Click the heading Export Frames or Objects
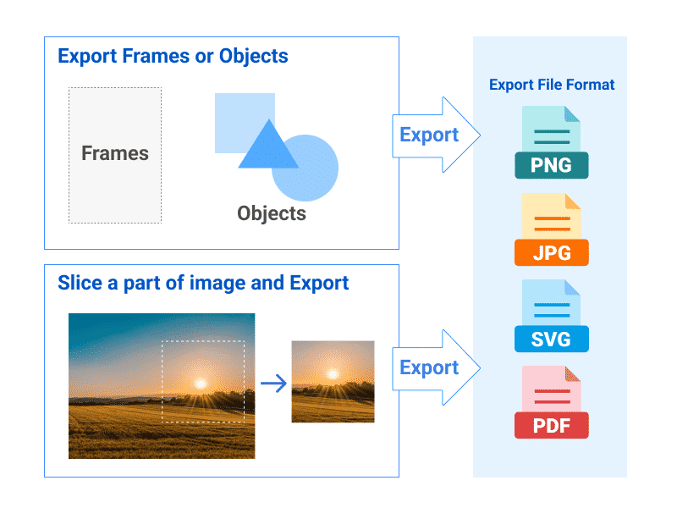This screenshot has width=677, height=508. [x=173, y=57]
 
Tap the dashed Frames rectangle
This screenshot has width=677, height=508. [x=115, y=154]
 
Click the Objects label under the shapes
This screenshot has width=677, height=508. [x=272, y=213]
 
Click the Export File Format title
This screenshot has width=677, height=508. [x=552, y=85]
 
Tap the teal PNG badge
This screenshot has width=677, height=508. [x=551, y=165]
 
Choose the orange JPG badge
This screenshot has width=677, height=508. [x=551, y=252]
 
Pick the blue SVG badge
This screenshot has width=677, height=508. [x=551, y=339]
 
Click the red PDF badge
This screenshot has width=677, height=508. [x=551, y=425]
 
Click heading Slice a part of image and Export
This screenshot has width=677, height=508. [x=203, y=283]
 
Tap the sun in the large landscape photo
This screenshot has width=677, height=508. [x=201, y=384]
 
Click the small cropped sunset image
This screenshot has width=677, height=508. [x=333, y=381]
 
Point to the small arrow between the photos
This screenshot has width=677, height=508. [x=273, y=384]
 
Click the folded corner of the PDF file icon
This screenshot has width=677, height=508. [x=572, y=373]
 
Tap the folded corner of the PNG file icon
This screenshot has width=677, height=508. [x=572, y=114]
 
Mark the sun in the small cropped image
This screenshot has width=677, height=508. [x=331, y=373]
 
